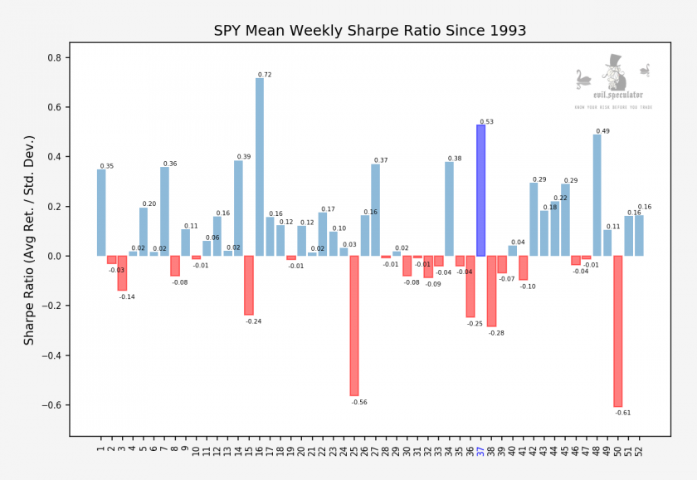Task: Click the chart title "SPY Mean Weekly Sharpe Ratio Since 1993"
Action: point(369,32)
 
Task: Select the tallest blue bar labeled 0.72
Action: point(260,166)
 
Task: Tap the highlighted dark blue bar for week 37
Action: point(480,190)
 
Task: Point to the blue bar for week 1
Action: point(101,213)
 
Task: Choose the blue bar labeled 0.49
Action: point(597,195)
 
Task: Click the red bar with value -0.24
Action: point(249,285)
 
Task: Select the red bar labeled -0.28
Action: point(491,291)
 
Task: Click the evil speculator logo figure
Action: point(613,75)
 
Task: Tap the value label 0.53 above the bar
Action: point(486,122)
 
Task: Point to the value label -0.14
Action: point(126,296)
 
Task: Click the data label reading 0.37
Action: point(381,160)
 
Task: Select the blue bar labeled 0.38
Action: point(449,208)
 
